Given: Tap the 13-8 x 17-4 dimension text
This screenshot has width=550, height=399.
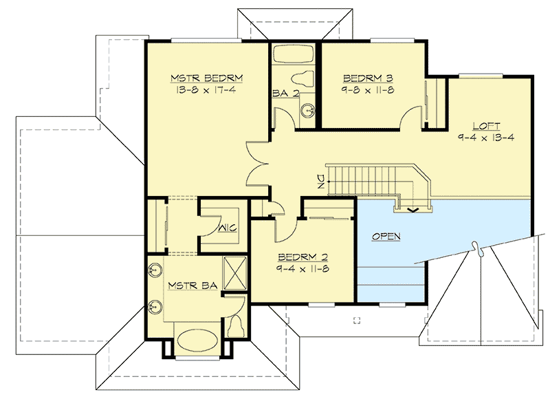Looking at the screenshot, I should click(206, 89).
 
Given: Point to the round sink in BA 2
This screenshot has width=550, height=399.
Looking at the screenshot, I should click(308, 109).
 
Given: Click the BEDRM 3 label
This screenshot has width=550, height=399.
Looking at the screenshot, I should click(367, 77).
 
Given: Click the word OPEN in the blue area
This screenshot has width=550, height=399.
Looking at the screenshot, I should click(386, 236).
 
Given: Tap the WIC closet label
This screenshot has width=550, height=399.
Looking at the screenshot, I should click(228, 228).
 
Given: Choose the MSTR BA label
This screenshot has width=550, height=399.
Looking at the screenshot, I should click(187, 284).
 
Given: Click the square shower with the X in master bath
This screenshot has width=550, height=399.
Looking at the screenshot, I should click(235, 271).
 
